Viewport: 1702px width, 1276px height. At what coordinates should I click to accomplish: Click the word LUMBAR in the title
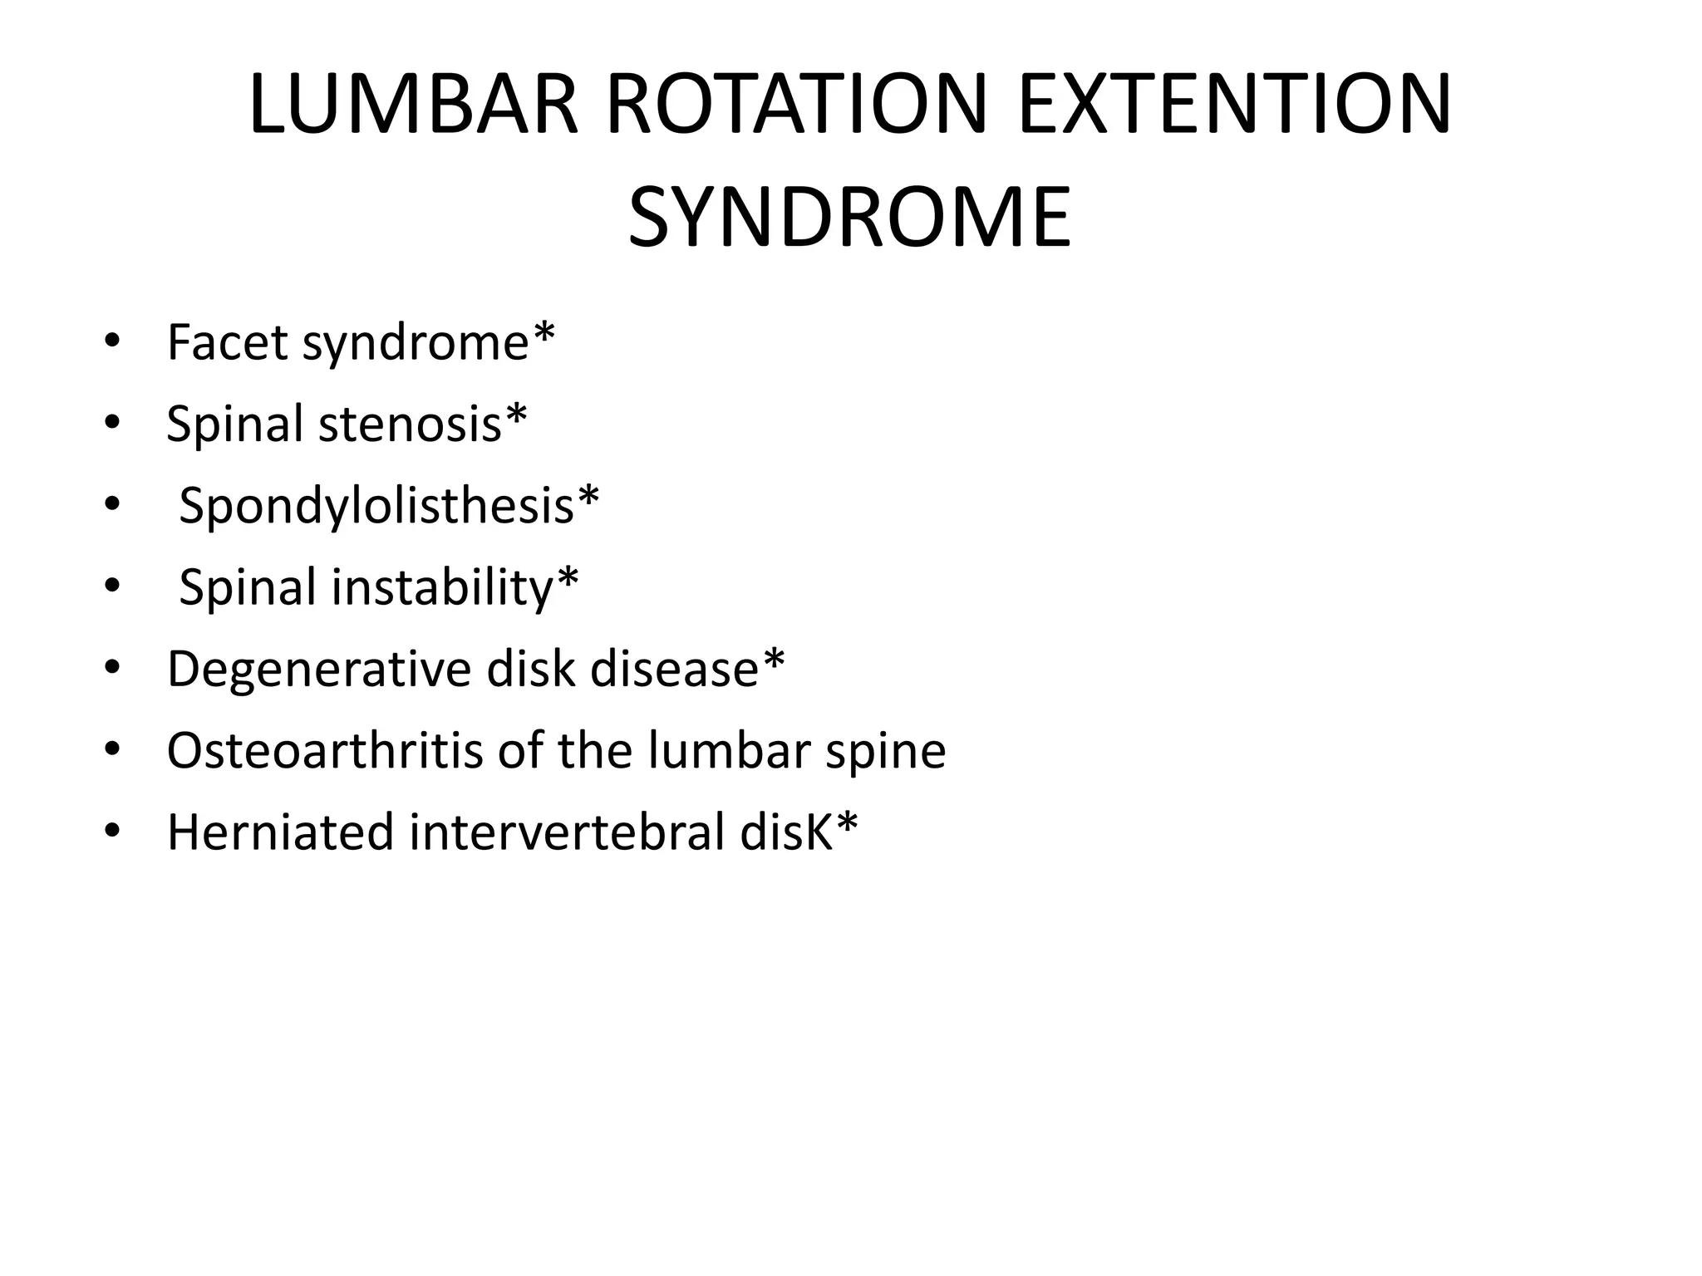point(413,106)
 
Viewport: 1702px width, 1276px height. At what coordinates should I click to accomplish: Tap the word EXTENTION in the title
point(1234,106)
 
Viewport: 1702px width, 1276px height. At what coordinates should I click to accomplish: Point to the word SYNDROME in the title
point(849,218)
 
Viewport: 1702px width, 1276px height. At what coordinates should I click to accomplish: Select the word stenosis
point(410,424)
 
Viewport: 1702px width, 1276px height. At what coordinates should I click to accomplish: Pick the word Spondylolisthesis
point(376,505)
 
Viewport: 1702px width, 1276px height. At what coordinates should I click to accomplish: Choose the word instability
point(443,587)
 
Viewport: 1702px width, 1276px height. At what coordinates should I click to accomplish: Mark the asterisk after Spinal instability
point(568,580)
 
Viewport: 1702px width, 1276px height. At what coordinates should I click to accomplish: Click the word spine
point(885,752)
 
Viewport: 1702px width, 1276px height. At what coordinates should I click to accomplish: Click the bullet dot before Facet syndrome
point(112,342)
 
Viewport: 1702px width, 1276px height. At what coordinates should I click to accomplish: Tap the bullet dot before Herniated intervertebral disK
point(112,832)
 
